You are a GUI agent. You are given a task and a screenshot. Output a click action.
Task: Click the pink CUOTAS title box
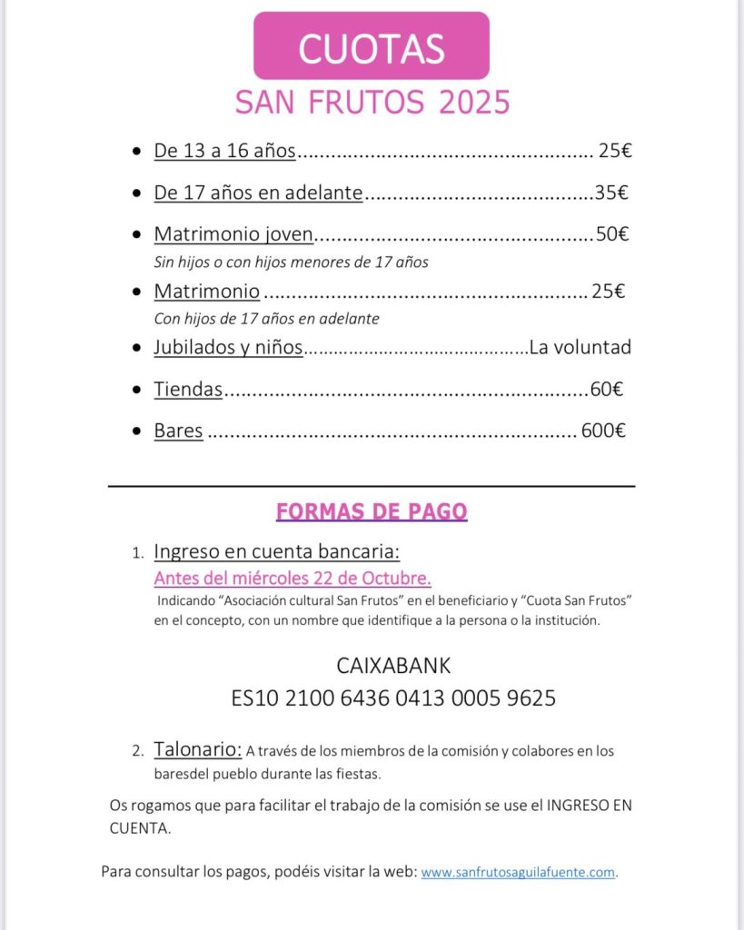pyautogui.click(x=371, y=46)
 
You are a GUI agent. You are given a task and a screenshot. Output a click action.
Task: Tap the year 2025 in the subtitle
pyautogui.click(x=474, y=102)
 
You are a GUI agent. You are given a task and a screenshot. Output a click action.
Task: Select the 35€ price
pyautogui.click(x=611, y=193)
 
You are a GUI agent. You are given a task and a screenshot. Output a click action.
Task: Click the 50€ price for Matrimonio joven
pyautogui.click(x=611, y=234)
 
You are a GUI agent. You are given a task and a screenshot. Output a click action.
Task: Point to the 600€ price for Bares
pyautogui.click(x=603, y=431)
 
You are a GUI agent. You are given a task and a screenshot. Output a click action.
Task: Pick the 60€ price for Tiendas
pyautogui.click(x=606, y=390)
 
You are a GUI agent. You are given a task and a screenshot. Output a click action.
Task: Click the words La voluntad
pyautogui.click(x=580, y=347)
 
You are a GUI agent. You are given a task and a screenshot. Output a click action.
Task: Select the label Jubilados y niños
pyautogui.click(x=228, y=348)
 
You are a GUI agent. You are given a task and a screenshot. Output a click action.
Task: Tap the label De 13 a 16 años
pyautogui.click(x=224, y=151)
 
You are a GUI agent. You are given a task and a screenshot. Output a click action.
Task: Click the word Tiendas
pyautogui.click(x=188, y=390)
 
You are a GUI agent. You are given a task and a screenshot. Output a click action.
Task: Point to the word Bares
pyautogui.click(x=178, y=431)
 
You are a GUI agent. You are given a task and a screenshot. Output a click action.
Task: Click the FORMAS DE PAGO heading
pyautogui.click(x=372, y=512)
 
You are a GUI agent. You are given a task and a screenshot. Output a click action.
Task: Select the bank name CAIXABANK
pyautogui.click(x=393, y=666)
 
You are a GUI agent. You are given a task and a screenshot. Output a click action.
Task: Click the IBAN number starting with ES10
pyautogui.click(x=393, y=698)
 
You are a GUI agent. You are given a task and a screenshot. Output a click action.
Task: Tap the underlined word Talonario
pyautogui.click(x=197, y=750)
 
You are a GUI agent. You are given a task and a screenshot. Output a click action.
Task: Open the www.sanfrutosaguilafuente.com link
pyautogui.click(x=518, y=872)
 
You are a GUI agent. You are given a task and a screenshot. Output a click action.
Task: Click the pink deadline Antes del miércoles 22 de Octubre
pyautogui.click(x=293, y=579)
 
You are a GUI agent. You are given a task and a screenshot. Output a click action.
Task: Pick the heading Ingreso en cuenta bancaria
pyautogui.click(x=276, y=552)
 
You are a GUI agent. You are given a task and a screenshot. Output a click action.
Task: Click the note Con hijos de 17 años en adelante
pyautogui.click(x=266, y=319)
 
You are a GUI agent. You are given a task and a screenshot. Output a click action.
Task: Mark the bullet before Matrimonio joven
pyautogui.click(x=136, y=235)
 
